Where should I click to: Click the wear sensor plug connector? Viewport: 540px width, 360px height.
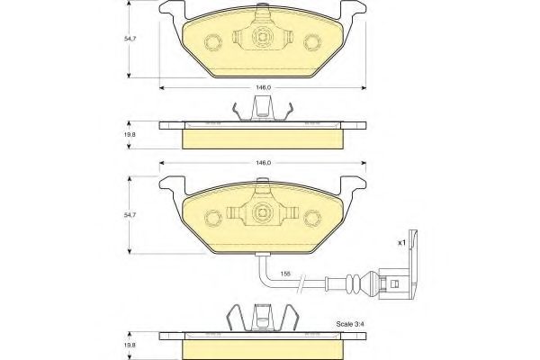pyautogui.click(x=394, y=279)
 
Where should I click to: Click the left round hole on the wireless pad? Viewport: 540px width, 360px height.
pyautogui.click(x=214, y=42)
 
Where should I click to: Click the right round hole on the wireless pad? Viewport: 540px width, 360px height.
pyautogui.click(x=313, y=42)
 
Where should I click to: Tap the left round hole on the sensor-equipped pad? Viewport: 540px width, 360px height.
pyautogui.click(x=214, y=218)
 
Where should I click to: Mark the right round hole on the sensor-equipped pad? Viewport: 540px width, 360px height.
pyautogui.click(x=313, y=218)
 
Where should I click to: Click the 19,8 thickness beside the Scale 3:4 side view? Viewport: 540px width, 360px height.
pyautogui.click(x=132, y=342)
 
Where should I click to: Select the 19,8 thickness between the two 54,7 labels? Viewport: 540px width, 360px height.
pyautogui.click(x=132, y=134)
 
